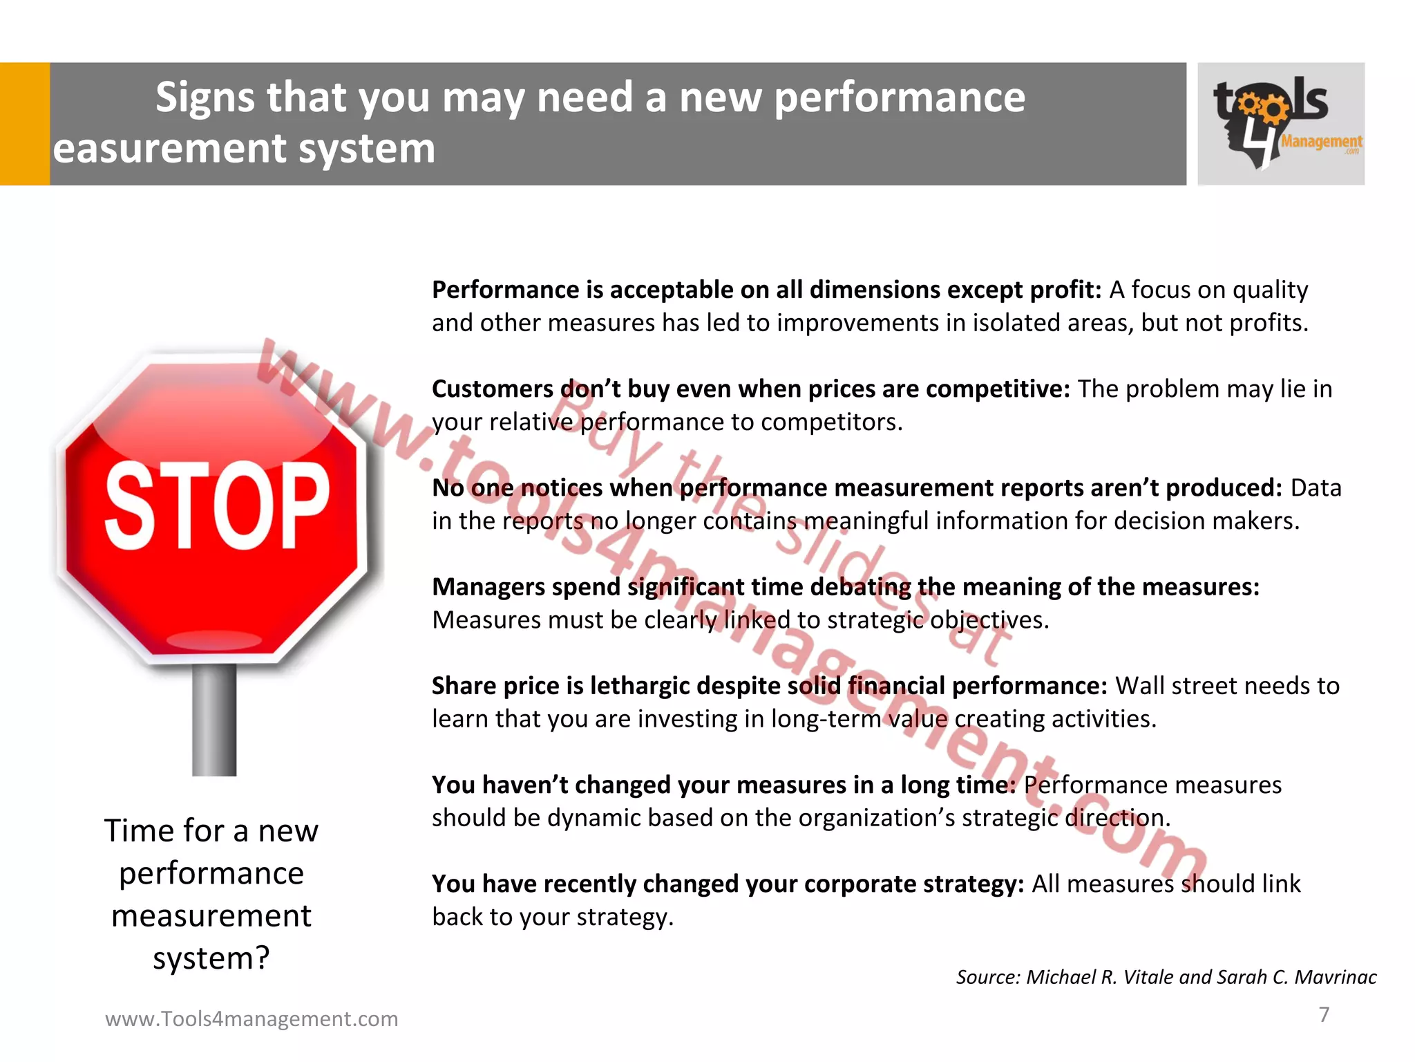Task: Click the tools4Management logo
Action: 1280,124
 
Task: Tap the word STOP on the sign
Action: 216,505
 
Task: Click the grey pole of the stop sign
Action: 214,719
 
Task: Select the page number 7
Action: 1324,1014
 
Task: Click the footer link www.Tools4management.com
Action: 251,1018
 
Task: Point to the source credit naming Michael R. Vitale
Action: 1166,977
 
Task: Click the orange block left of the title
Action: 25,124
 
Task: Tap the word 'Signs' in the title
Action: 205,97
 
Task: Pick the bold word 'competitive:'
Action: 997,389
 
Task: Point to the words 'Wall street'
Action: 1195,686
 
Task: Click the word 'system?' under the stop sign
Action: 211,958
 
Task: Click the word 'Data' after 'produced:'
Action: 1316,488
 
